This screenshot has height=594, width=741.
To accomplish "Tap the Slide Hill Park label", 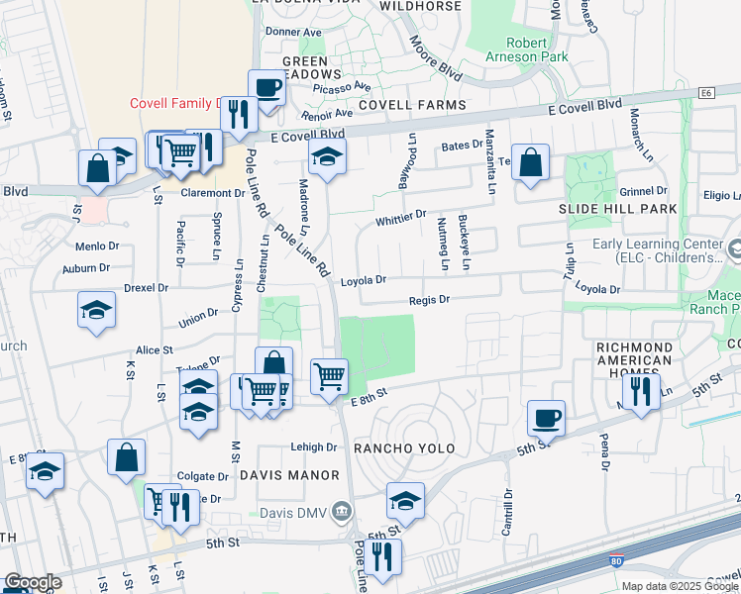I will [617, 209].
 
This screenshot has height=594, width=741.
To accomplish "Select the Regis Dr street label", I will [430, 299].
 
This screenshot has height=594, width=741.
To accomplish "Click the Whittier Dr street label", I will [400, 215].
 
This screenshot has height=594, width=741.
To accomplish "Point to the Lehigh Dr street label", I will [314, 446].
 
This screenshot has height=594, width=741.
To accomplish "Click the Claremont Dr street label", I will [212, 193].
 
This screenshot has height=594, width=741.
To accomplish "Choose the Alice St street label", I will [155, 349].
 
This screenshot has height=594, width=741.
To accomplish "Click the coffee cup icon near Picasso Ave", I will [266, 86].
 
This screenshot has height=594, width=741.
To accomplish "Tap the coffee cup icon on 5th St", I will [546, 417].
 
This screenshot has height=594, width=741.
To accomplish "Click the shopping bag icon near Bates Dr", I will [531, 161].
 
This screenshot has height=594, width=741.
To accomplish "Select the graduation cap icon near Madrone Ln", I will [327, 155].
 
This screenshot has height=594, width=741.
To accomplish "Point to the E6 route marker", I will [705, 93].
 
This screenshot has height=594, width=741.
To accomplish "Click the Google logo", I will [33, 582].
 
